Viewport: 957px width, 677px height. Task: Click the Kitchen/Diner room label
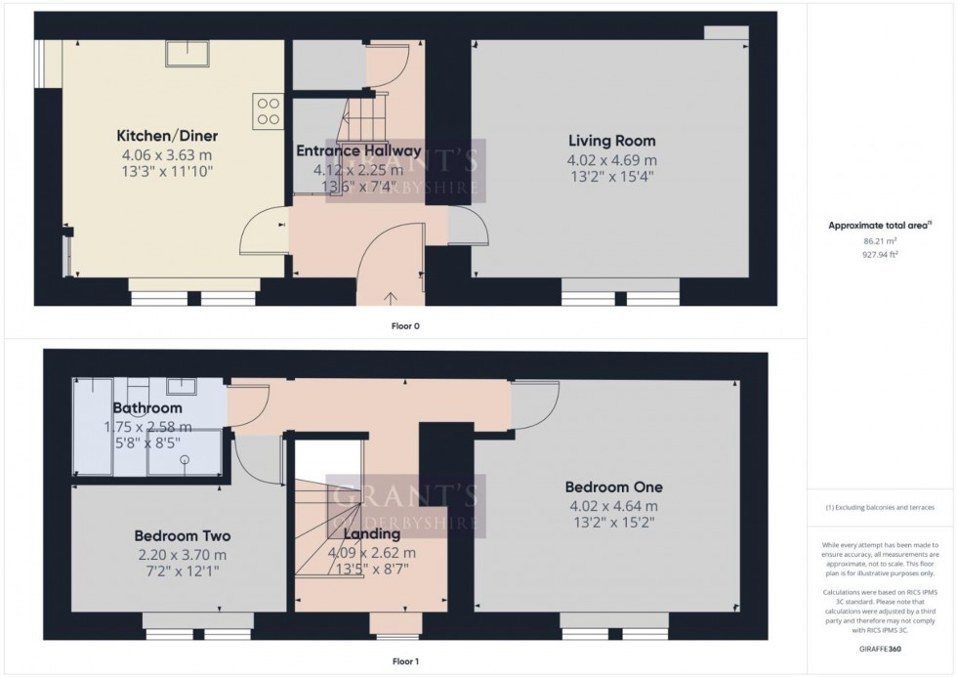[167, 136]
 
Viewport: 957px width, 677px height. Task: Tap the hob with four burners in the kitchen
[267, 109]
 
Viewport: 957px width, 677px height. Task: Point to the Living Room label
[611, 141]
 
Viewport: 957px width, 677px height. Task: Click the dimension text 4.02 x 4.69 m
[611, 160]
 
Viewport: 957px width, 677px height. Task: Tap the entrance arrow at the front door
[393, 298]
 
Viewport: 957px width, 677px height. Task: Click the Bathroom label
[147, 407]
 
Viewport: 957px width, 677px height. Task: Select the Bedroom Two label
[182, 536]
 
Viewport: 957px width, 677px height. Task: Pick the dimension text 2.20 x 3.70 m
[182, 555]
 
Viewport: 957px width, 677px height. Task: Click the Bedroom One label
[613, 487]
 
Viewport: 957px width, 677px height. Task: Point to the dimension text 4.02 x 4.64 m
[613, 506]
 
